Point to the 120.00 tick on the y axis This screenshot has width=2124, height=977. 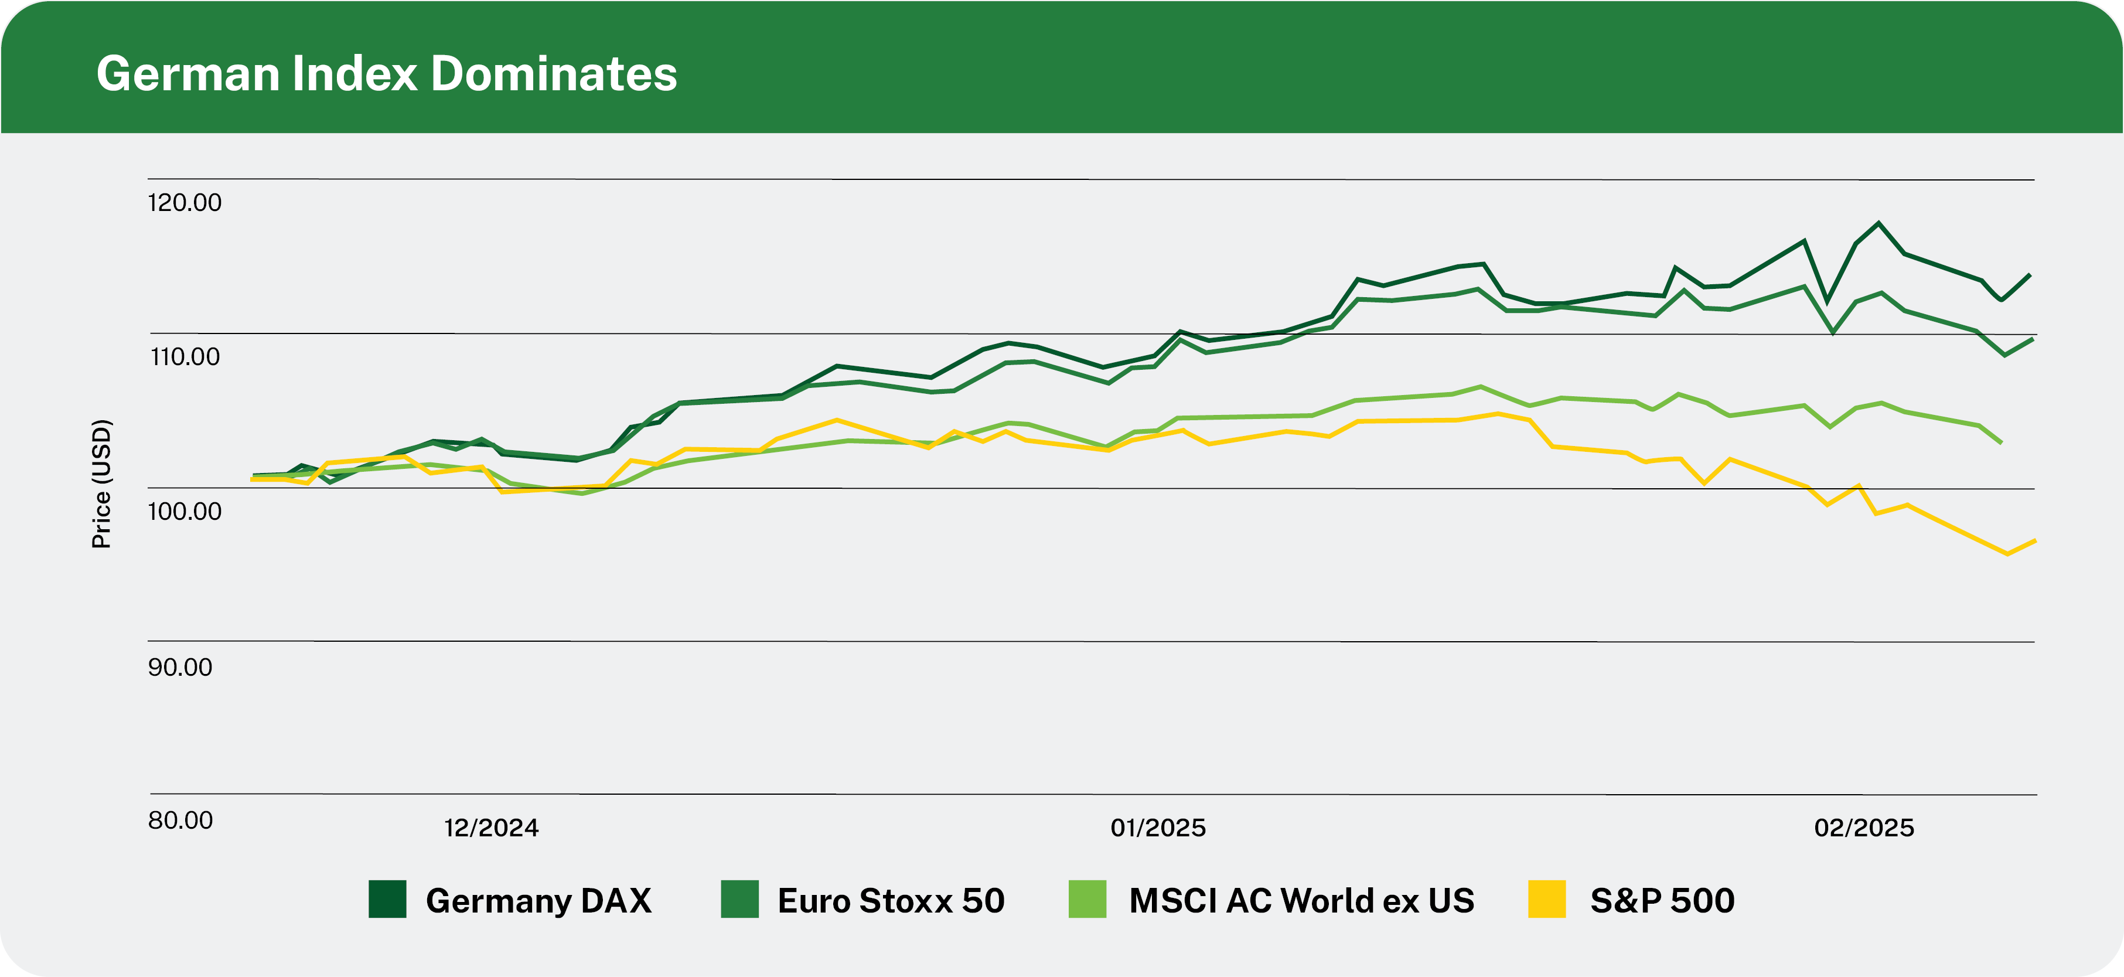tap(185, 203)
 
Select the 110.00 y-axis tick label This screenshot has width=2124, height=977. tap(185, 357)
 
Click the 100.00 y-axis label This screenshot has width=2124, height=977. tap(185, 511)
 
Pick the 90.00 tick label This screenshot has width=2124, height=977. tap(180, 667)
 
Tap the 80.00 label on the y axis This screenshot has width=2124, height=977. tap(180, 821)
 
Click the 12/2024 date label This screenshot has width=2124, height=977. tap(492, 828)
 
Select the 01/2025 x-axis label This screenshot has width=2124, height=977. tap(1158, 828)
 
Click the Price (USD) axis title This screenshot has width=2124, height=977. tap(101, 484)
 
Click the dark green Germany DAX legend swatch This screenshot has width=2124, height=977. tap(387, 900)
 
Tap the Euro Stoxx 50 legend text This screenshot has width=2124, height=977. tap(891, 900)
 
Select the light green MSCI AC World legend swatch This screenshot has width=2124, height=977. tap(1087, 900)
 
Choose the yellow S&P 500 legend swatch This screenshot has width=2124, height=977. tap(1546, 900)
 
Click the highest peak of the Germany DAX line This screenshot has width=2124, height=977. tap(1878, 223)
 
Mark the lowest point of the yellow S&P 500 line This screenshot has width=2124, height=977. tap(2007, 554)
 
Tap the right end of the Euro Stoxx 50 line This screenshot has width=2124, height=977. tap(2033, 338)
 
